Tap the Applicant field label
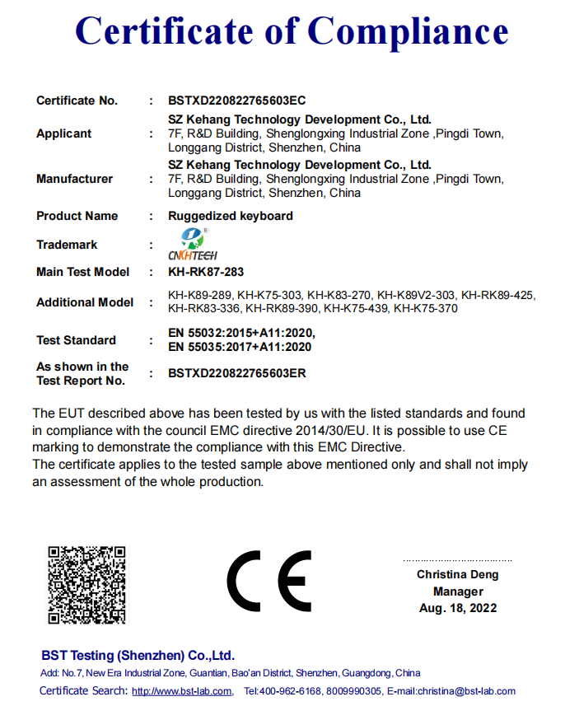tap(64, 133)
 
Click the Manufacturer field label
tap(74, 179)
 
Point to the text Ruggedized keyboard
tap(231, 216)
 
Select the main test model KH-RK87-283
tap(206, 272)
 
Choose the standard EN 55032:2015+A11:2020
tap(241, 333)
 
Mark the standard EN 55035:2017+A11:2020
tap(240, 347)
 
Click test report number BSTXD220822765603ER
tap(237, 373)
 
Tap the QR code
tap(86, 584)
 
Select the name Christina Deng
tap(457, 575)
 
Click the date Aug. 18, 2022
tap(458, 608)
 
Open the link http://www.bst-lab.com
tap(181, 691)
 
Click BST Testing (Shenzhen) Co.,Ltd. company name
tap(138, 656)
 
